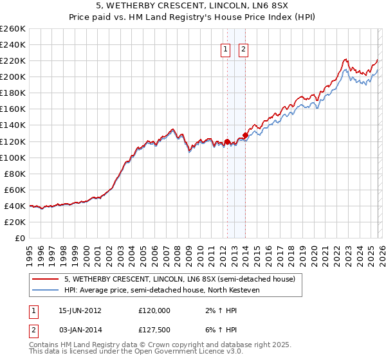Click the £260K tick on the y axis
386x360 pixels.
[13, 29]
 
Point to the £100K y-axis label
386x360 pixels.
[13, 157]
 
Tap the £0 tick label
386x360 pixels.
[19, 238]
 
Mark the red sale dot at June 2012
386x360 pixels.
[227, 141]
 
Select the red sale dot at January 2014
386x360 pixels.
[245, 136]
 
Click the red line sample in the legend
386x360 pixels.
[46, 280]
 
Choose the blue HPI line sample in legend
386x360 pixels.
[46, 289]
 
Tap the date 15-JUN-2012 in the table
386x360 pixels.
[80, 310]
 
